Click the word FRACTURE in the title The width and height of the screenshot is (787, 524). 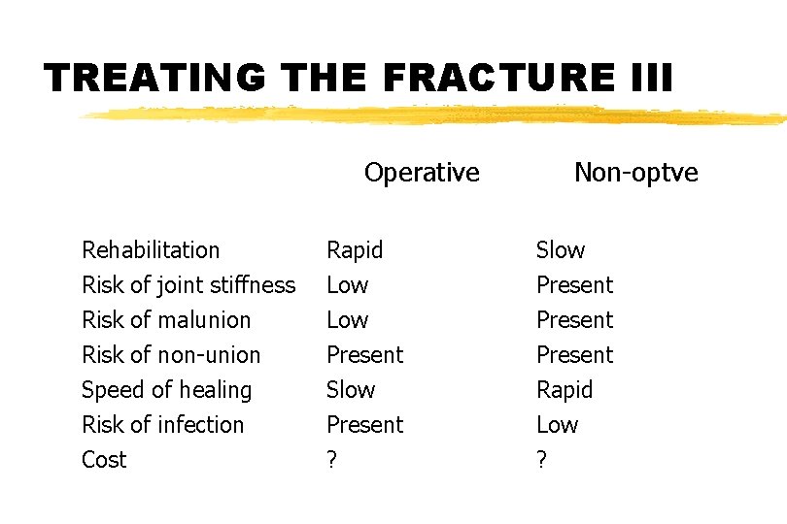pos(497,77)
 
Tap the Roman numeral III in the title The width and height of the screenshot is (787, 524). pos(644,77)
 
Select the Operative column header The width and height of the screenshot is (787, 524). pos(422,173)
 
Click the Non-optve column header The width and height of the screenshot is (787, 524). pos(635,173)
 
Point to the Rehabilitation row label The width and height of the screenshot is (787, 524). pos(151,250)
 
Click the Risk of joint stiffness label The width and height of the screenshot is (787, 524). pos(188,285)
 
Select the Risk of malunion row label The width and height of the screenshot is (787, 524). pos(166,320)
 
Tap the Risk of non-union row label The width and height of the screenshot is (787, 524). pos(171,355)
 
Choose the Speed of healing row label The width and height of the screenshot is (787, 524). pos(166,390)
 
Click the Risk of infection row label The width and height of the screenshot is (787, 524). pos(162,425)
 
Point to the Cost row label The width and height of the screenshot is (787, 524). pos(104,460)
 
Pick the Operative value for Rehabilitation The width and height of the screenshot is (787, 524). pos(355,250)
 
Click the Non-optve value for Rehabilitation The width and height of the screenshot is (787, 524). pos(561,250)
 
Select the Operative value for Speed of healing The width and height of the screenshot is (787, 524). pos(350,390)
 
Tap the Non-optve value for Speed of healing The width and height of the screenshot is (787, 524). pos(565,390)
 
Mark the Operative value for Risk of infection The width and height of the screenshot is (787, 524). pos(364,425)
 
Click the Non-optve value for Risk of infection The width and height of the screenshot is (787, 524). pos(557,425)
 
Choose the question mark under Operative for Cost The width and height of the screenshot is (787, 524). pos(331,460)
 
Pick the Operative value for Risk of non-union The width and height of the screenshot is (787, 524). pos(364,355)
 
